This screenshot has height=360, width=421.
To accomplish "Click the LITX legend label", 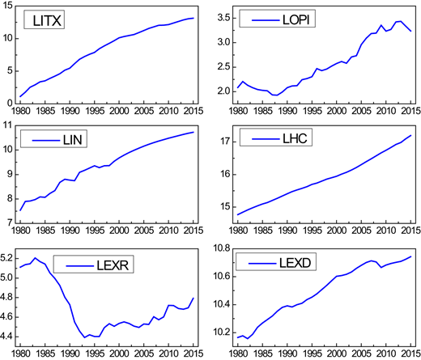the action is pos(47,20).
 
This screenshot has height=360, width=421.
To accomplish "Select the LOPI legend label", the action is pos(296,19).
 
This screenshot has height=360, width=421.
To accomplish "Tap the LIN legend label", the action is pos(72,140).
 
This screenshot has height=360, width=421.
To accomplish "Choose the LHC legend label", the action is pos(295,138).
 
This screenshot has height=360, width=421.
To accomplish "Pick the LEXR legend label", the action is pos(113,265).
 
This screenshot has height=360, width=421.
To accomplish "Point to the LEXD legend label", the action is pos(295,263).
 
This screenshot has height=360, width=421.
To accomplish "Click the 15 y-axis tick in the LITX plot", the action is pos(8,6).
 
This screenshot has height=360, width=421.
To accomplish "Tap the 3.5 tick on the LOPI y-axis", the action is pos(224,18).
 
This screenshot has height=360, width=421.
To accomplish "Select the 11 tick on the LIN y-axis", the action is pos(8,125).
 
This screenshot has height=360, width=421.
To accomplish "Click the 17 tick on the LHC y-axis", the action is pos(226,142).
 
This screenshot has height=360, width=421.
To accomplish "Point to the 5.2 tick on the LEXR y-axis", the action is pos(6,258).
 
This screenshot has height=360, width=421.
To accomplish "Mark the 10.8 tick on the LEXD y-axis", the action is pos(222,248).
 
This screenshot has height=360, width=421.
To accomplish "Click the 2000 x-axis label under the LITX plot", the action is pos(119,111).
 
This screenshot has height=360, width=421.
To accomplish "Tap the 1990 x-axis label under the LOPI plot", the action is pos(287,111).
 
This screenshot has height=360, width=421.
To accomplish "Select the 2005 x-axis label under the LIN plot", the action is pos(144,231).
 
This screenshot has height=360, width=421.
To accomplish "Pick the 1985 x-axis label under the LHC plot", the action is pos(262,231).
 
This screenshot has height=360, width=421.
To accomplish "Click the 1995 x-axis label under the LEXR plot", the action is pos(95,354).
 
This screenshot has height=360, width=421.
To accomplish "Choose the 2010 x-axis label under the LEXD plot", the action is pos(386,354).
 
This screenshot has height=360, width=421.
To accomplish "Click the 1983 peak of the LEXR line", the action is pos(35,258).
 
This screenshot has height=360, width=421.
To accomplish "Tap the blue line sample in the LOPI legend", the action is pos(266,20).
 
